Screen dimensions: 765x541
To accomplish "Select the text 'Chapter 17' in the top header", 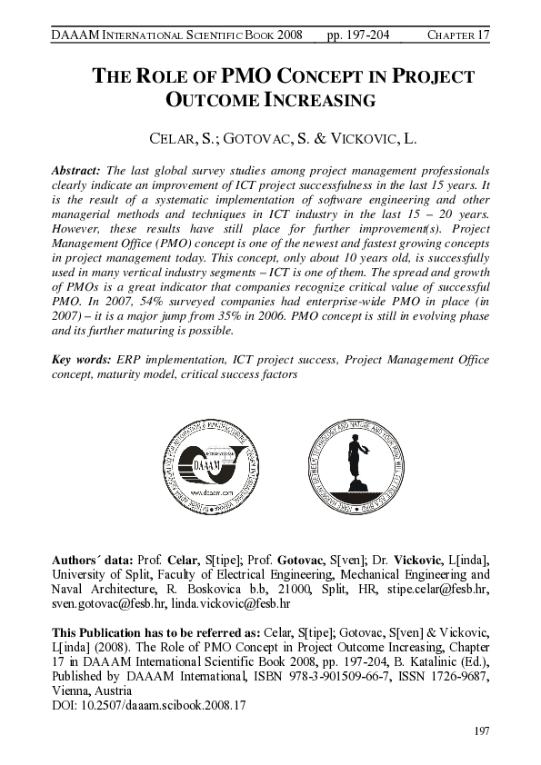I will click(x=458, y=35).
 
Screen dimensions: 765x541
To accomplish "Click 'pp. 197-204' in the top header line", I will click(x=357, y=35).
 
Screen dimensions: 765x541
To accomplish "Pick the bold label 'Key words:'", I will click(x=85, y=360).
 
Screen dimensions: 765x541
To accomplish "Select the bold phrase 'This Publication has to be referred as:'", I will click(x=155, y=631).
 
